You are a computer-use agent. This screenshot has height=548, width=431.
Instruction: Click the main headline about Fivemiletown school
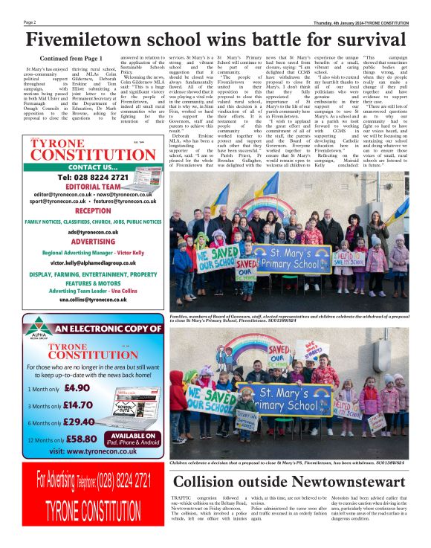pyautogui.click(x=215, y=39)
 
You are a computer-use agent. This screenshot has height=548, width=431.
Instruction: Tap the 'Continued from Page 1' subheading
pyautogui.click(x=71, y=58)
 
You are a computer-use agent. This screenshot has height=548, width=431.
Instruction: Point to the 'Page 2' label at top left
pyautogui.click(x=30, y=22)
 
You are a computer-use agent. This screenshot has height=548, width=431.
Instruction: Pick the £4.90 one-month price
pyautogui.click(x=77, y=387)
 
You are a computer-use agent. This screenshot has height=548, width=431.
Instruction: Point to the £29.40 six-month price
pyautogui.click(x=79, y=422)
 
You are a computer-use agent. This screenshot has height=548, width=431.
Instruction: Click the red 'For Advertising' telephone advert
pyautogui.click(x=94, y=495)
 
